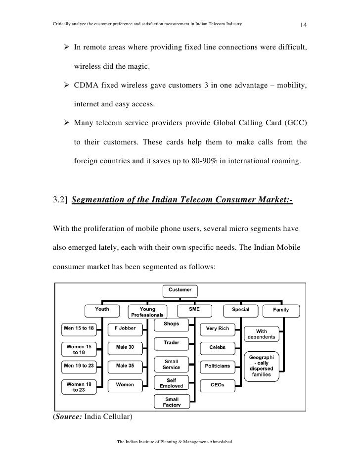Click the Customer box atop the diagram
[x=180, y=289]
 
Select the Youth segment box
[x=102, y=310]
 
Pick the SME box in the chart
[x=194, y=310]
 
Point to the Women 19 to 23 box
[x=78, y=387]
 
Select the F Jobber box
[x=125, y=328]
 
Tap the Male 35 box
[x=125, y=366]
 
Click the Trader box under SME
[x=171, y=342]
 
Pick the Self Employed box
[x=171, y=383]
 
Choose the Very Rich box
[x=217, y=328]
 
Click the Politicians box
[x=217, y=366]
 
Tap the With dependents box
[x=262, y=334]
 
